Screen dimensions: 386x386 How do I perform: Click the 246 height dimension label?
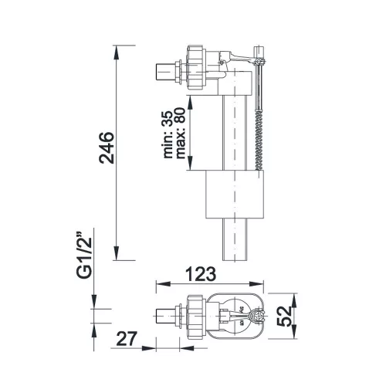(x=107, y=147)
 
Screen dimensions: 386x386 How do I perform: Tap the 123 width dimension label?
(x=201, y=274)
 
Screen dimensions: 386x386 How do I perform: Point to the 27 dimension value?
(x=126, y=339)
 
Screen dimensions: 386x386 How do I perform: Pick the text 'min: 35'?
(x=168, y=134)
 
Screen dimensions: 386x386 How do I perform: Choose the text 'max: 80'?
(x=181, y=133)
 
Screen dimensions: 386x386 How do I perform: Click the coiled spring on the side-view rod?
(x=259, y=141)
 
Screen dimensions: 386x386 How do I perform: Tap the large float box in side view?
(x=235, y=195)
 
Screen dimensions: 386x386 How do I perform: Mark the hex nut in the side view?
(x=197, y=67)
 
